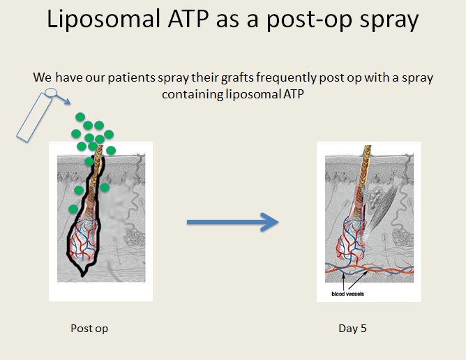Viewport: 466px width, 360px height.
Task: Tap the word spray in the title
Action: (389, 20)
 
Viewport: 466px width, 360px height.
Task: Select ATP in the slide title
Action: (188, 19)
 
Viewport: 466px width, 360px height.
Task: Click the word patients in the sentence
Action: (132, 78)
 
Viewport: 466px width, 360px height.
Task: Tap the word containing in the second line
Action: (193, 94)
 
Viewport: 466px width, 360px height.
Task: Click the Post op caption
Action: (89, 329)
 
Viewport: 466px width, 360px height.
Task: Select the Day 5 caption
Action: (352, 329)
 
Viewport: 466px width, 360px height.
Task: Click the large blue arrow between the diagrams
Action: (233, 222)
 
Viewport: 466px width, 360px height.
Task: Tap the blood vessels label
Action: (347, 294)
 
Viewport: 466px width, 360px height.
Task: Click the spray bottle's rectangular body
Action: (35, 117)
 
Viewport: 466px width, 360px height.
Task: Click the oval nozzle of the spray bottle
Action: (51, 93)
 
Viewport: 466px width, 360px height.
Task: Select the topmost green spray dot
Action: (80, 117)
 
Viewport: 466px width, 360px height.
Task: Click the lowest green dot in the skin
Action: (73, 209)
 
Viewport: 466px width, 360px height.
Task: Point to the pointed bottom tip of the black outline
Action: (82, 276)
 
